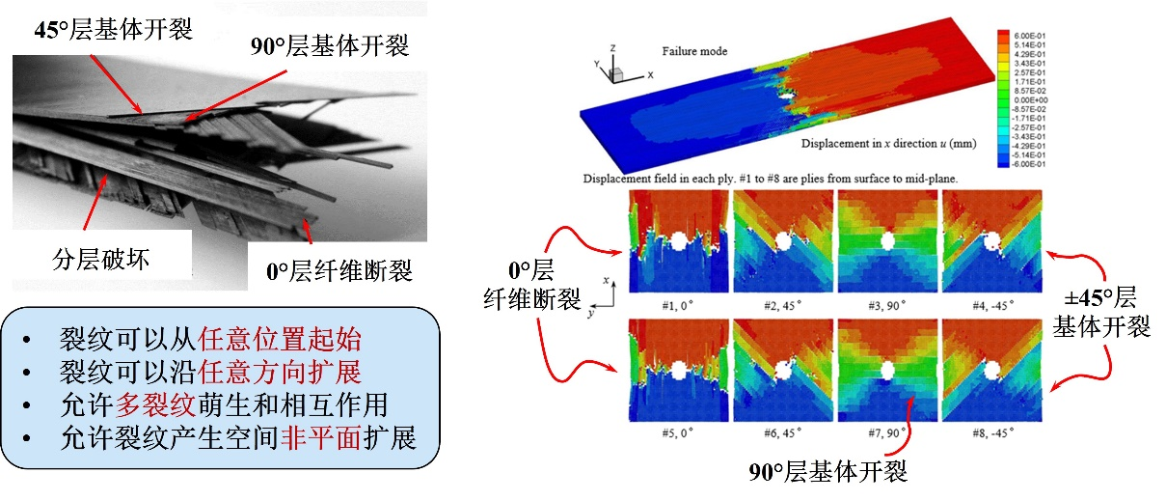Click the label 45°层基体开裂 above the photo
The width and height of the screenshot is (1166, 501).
114,29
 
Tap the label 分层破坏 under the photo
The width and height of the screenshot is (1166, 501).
102,259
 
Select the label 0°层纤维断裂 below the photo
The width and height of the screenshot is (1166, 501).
339,271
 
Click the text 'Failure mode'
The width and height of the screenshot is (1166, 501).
694,51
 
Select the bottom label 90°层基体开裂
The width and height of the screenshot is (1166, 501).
828,473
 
